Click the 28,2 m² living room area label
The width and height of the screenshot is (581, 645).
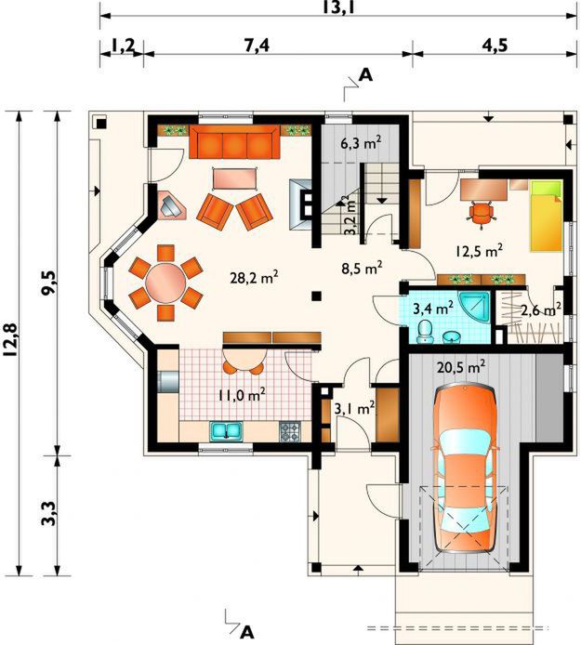[254, 278]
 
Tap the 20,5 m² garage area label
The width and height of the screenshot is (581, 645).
[461, 366]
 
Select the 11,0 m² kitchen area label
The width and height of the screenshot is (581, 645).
[241, 395]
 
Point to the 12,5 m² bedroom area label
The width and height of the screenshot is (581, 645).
[480, 251]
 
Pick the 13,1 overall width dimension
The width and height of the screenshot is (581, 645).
[338, 7]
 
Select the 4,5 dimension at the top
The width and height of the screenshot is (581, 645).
[495, 45]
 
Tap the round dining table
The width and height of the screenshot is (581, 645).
[165, 283]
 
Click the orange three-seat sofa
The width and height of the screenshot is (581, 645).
[234, 141]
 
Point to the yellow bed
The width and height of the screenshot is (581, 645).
[546, 216]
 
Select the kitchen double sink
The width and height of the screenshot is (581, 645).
[226, 431]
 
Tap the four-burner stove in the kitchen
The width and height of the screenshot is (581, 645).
[290, 431]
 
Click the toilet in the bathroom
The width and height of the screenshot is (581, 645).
[424, 332]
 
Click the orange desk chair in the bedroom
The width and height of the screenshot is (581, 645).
[481, 213]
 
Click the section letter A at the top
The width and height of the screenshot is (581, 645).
[366, 75]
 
